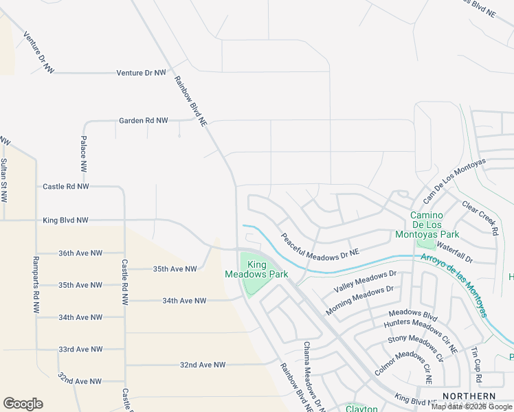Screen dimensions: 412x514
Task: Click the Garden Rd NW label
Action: (x=143, y=121)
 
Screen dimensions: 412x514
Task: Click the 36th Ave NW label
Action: (x=80, y=253)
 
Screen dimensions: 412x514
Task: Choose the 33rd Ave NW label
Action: (x=80, y=350)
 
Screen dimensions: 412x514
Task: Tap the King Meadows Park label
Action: (x=256, y=269)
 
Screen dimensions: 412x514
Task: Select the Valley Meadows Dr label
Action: (x=365, y=281)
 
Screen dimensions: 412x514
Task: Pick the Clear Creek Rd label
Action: (x=480, y=218)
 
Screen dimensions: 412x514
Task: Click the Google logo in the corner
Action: (x=23, y=404)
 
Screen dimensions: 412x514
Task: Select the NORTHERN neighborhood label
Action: (x=469, y=397)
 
